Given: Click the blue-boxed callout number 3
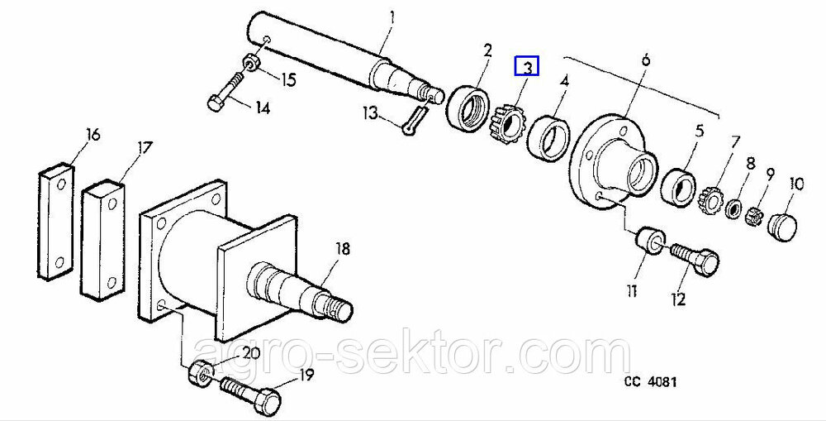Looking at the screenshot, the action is pyautogui.click(x=527, y=67).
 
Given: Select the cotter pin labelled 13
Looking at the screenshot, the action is pyautogui.click(x=415, y=120).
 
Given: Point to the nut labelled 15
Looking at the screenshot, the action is pyautogui.click(x=251, y=62).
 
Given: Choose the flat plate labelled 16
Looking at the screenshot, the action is pyautogui.click(x=56, y=221).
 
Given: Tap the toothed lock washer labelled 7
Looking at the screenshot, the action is pyautogui.click(x=710, y=200).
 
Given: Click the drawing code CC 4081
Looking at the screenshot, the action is pyautogui.click(x=651, y=382).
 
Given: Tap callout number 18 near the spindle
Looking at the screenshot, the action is pyautogui.click(x=343, y=249).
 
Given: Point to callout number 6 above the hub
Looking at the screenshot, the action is pyautogui.click(x=646, y=60).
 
